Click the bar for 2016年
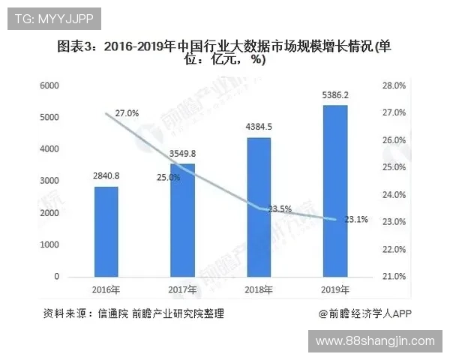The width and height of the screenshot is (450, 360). tap(106, 231)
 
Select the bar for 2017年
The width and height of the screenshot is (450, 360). tap(182, 220)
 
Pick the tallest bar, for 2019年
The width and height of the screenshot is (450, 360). tap(334, 190)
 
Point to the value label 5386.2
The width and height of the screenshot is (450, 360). tap(334, 96)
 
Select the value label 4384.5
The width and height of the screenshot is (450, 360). tap(259, 127)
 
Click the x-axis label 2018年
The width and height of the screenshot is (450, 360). tap(259, 290)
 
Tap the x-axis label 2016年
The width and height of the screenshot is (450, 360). tap(106, 290)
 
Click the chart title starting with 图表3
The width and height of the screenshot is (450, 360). tap(225, 53)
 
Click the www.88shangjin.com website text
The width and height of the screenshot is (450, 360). tap(375, 341)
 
